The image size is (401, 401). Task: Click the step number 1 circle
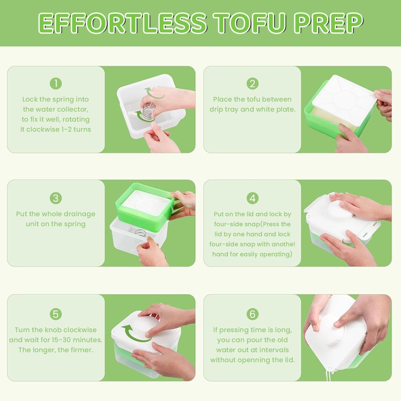(56, 84)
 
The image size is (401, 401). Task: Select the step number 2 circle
(252, 84)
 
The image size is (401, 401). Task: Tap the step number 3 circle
(56, 198)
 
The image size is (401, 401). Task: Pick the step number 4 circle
(252, 198)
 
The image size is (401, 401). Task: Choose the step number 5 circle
(56, 314)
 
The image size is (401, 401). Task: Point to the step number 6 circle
(252, 314)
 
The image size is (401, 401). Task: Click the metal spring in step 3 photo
(141, 233)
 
